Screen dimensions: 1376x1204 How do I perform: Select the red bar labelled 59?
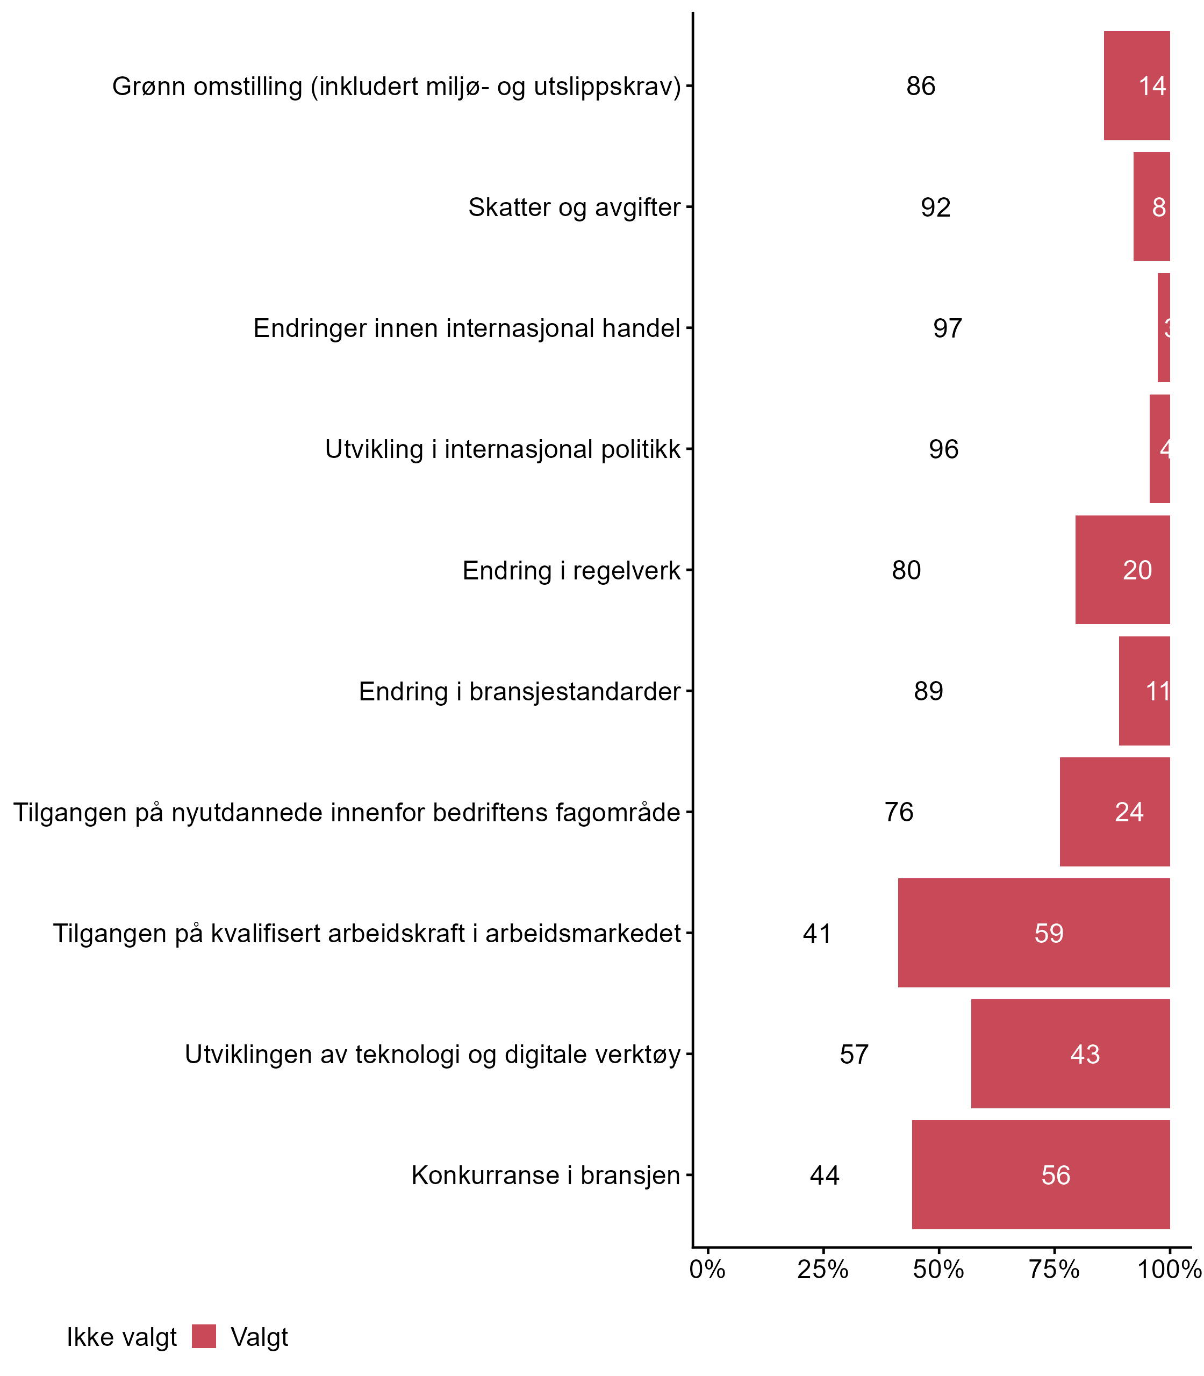click(x=1034, y=933)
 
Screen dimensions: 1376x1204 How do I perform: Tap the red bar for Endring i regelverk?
click(x=1123, y=570)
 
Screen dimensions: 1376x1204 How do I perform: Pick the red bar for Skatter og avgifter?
click(x=1151, y=207)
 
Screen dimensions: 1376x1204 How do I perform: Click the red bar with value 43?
click(x=1070, y=1054)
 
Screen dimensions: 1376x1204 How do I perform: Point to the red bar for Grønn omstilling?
click(x=1137, y=86)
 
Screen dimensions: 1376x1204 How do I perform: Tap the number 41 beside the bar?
click(x=817, y=933)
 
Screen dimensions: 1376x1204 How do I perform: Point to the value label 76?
click(x=899, y=812)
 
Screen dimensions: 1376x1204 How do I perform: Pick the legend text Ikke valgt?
click(x=121, y=1338)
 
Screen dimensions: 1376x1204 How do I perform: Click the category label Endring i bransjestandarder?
click(x=519, y=691)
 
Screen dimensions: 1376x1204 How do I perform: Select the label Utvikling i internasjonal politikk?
click(x=503, y=449)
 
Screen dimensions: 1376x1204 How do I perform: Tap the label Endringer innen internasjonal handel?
click(x=467, y=328)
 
